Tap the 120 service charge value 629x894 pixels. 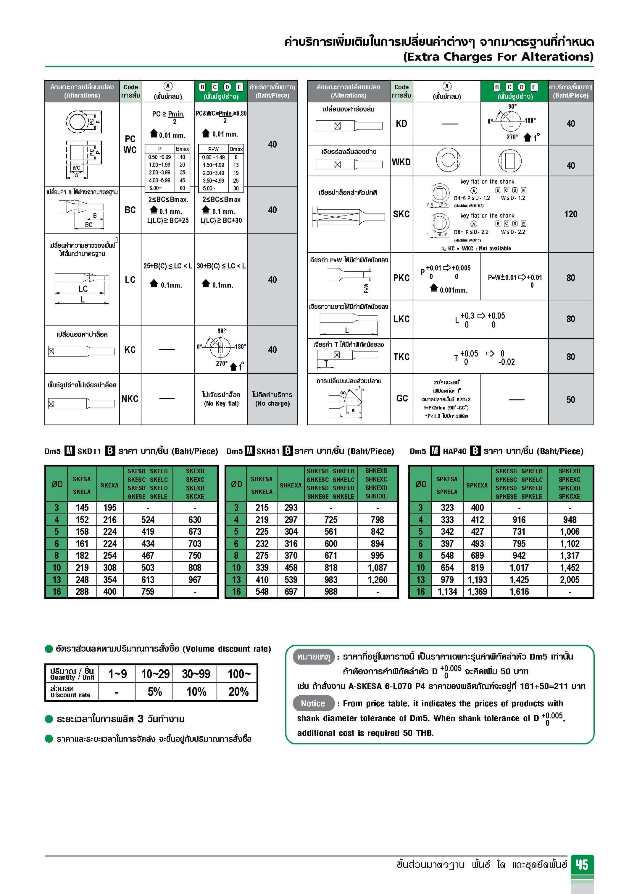pos(570,214)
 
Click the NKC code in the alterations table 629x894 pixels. pos(130,399)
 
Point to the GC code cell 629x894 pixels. pos(402,398)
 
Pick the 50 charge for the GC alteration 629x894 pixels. pos(570,399)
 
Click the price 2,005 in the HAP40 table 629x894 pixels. pos(569,580)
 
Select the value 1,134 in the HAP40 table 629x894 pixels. pos(447,592)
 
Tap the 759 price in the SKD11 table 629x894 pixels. pos(148,592)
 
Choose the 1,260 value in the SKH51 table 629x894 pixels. pos(377,580)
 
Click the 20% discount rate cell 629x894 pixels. pos(238,691)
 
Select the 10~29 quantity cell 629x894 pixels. pos(155,674)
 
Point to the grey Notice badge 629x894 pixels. pos(313,704)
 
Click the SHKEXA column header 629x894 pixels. pos(290,485)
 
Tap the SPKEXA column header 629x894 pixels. pos(477,485)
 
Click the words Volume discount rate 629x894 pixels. pos(227,649)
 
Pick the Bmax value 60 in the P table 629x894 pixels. pos(182,188)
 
